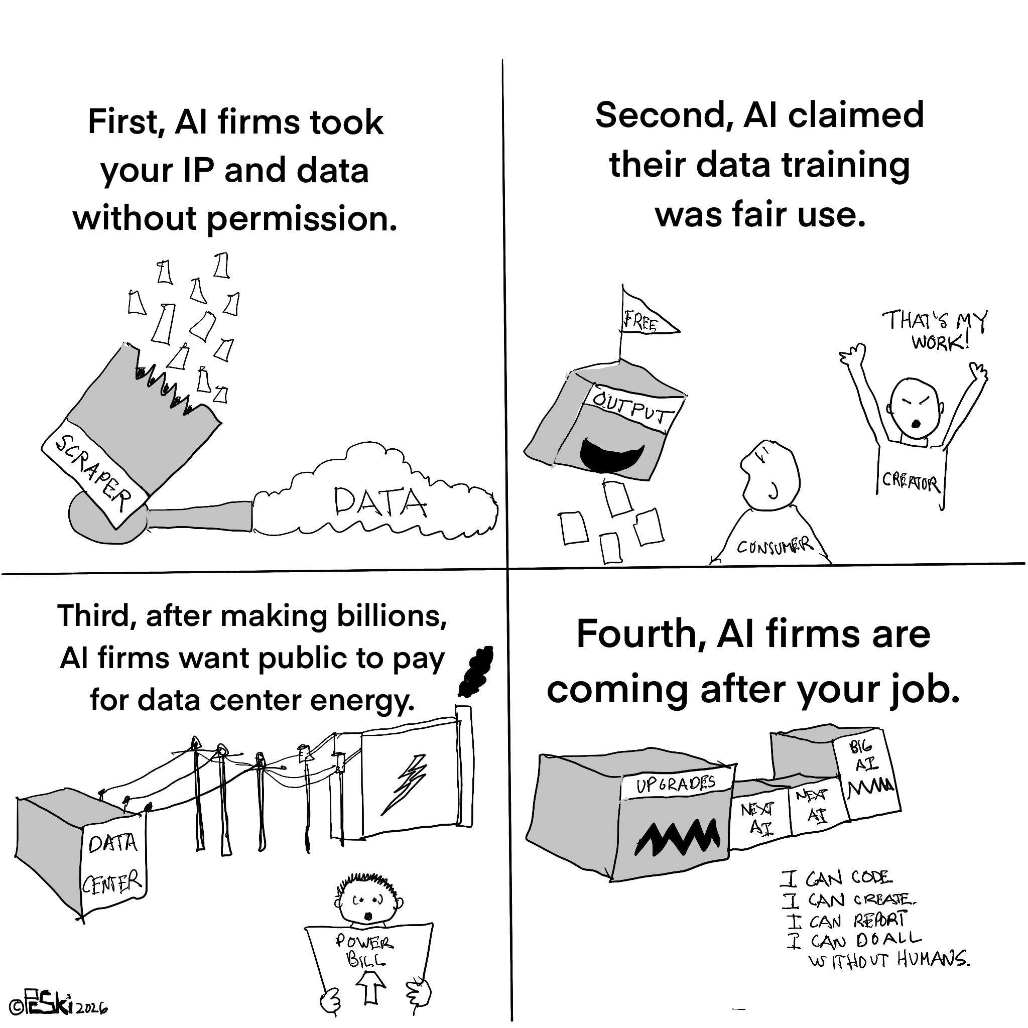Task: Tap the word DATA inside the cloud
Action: [x=380, y=502]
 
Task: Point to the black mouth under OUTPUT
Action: [x=612, y=454]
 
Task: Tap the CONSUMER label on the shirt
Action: [x=775, y=546]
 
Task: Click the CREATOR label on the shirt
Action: [x=912, y=481]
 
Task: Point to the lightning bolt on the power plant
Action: [x=404, y=786]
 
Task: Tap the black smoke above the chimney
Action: [x=475, y=671]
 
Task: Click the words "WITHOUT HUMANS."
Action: [x=889, y=959]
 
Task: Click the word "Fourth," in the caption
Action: [x=639, y=635]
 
